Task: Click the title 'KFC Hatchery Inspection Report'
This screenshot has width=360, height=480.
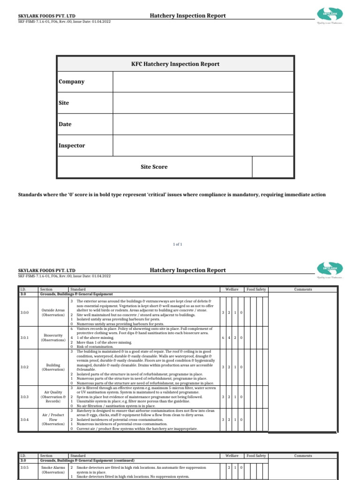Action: pyautogui.click(x=175, y=64)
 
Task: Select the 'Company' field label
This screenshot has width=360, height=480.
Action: pyautogui.click(x=72, y=82)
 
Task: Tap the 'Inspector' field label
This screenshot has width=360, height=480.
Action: pyautogui.click(x=72, y=145)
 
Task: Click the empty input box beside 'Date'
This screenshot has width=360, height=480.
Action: pyautogui.click(x=203, y=124)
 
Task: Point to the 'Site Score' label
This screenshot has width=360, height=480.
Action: pyautogui.click(x=154, y=167)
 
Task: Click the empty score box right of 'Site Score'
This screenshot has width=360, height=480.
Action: pyautogui.click(x=273, y=167)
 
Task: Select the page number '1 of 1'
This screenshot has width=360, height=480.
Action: pyautogui.click(x=178, y=244)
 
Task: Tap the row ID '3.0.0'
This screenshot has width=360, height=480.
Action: pyautogui.click(x=24, y=312)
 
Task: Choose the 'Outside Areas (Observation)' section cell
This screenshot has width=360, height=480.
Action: pyautogui.click(x=53, y=312)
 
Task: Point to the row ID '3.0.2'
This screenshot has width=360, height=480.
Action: pyautogui.click(x=24, y=367)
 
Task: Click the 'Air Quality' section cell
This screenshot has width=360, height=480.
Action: pyautogui.click(x=53, y=396)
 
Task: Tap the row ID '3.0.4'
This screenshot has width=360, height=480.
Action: pyautogui.click(x=24, y=420)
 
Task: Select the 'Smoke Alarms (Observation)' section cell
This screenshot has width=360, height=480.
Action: pyautogui.click(x=53, y=471)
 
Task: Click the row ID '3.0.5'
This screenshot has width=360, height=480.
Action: pyautogui.click(x=24, y=468)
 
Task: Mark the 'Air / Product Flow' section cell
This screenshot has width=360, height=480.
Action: pyautogui.click(x=53, y=420)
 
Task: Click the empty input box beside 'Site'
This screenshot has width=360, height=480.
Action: pyautogui.click(x=203, y=103)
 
